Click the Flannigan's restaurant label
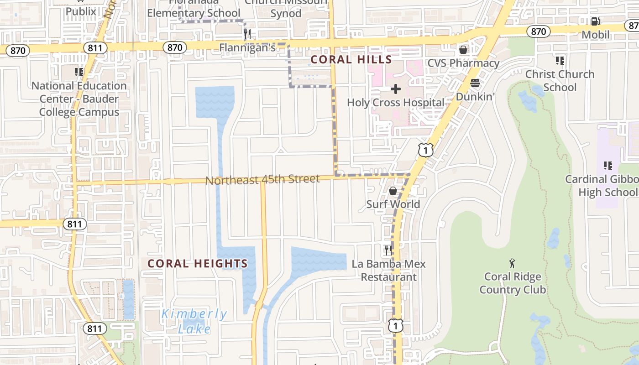point(247,47)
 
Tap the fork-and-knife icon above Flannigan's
point(247,33)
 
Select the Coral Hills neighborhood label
point(351,59)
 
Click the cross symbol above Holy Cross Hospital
point(395,89)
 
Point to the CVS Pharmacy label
point(463,63)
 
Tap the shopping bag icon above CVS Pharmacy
point(463,49)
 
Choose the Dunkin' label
point(476,97)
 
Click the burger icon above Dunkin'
point(475,83)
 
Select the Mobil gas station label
point(596,35)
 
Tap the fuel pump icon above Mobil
point(595,21)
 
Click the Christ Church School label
point(560,80)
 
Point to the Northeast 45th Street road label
point(262,180)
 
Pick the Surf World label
point(393,204)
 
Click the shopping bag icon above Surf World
point(393,190)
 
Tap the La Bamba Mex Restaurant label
point(388,270)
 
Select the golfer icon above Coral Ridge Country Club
point(513,263)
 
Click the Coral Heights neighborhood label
point(198,263)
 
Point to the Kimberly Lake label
point(194,321)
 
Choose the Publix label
point(81,10)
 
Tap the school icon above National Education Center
point(79,72)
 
